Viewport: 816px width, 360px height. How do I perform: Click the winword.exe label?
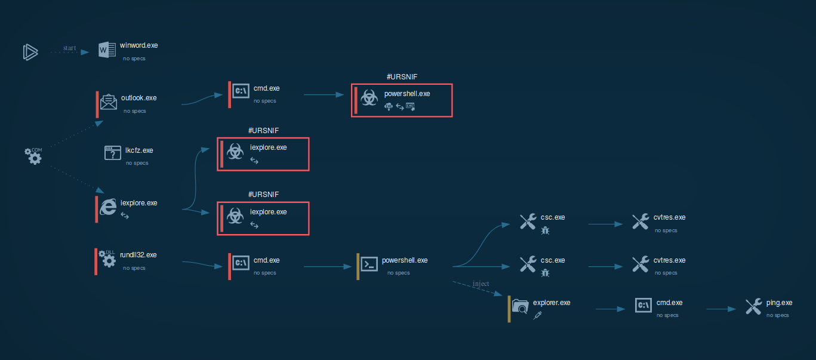[138, 45]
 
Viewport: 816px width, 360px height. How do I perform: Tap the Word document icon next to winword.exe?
[107, 51]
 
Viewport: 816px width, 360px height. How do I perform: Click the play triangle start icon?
[30, 52]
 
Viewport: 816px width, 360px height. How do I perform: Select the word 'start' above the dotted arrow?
[70, 48]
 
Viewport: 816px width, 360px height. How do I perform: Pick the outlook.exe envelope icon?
[108, 102]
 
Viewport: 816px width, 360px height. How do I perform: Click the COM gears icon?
[33, 156]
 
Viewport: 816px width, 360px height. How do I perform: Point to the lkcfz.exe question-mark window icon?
[113, 153]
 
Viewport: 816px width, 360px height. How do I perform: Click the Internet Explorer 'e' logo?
[108, 206]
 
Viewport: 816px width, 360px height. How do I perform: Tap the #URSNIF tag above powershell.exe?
[401, 77]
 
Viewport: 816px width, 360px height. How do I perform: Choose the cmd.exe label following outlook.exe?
[266, 88]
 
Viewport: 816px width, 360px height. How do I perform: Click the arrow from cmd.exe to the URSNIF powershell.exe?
[327, 94]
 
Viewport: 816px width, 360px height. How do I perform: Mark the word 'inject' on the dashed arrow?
[481, 284]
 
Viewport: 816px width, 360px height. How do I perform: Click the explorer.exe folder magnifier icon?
[521, 306]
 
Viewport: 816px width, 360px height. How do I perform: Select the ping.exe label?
[779, 303]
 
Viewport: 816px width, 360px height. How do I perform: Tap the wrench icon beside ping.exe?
[753, 307]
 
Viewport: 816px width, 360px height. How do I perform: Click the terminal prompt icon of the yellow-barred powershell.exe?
[369, 264]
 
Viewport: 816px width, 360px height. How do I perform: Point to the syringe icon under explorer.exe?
[537, 315]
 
